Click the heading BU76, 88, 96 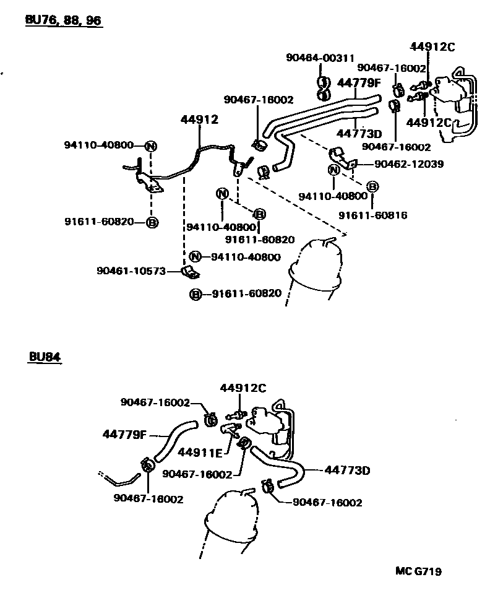(63, 20)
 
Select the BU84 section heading (45, 357)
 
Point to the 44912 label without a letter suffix (200, 119)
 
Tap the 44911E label (200, 453)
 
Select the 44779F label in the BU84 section (124, 434)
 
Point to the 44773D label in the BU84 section (347, 471)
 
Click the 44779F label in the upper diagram (359, 82)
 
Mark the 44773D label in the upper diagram (359, 133)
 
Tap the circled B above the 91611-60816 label (372, 186)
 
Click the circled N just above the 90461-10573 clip (196, 257)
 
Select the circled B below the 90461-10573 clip (196, 294)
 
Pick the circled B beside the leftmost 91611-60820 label (152, 222)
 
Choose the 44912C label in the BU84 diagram (243, 388)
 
